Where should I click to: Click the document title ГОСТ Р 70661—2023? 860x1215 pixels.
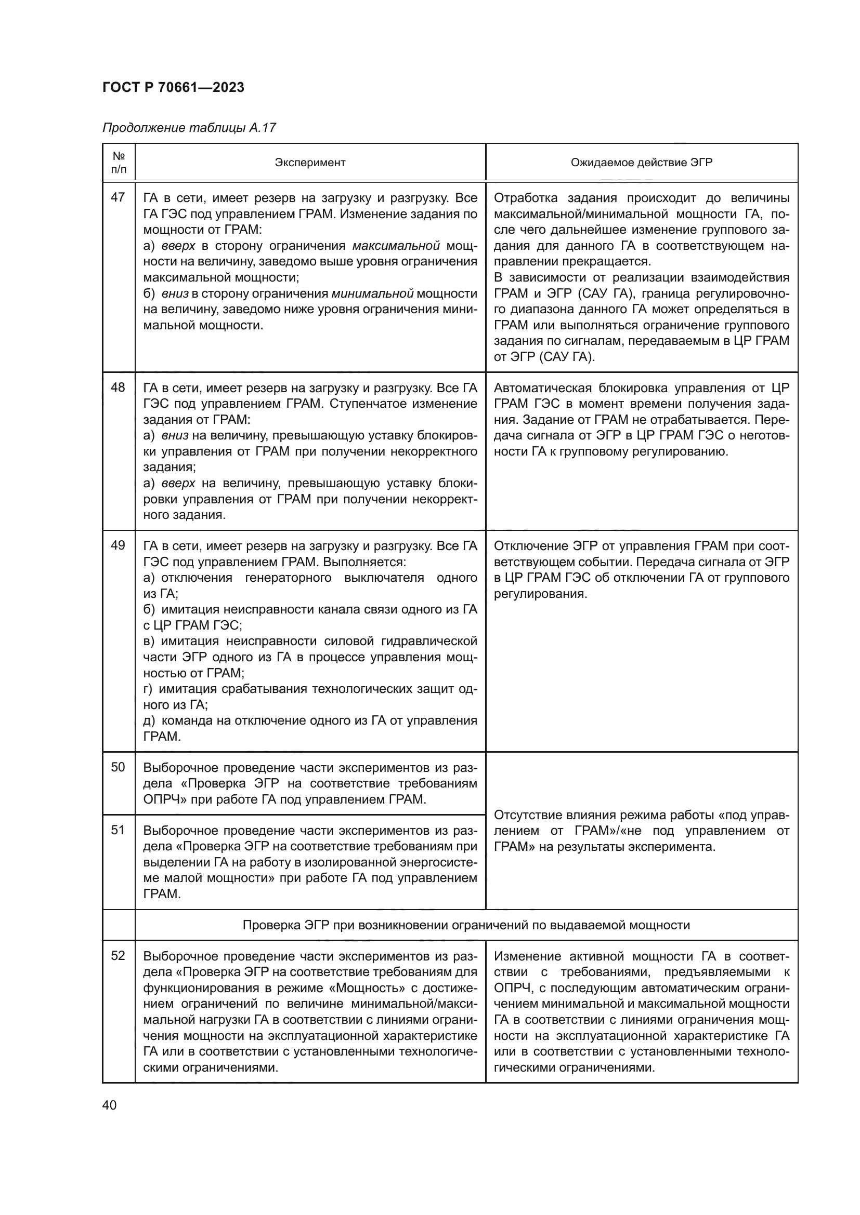point(173,88)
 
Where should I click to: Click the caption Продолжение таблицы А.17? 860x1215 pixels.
point(189,128)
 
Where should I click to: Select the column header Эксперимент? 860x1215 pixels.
point(310,163)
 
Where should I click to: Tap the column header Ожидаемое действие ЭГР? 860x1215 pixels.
point(641,163)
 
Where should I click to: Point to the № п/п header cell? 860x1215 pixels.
point(119,163)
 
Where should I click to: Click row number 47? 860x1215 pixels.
point(118,197)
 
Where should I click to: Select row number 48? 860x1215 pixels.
point(118,388)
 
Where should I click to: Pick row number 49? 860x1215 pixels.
point(118,545)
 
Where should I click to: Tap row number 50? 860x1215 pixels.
point(118,767)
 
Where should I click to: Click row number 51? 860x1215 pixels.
point(118,830)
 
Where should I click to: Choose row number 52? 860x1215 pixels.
point(118,956)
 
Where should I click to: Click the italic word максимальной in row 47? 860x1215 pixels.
point(396,246)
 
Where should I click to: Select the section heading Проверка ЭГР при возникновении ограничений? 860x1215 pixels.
point(466,925)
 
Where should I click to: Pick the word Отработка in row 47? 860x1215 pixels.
point(525,198)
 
